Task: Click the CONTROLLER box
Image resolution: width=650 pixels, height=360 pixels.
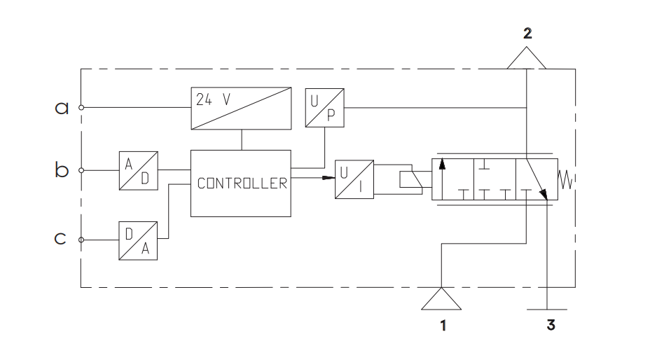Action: tap(241, 184)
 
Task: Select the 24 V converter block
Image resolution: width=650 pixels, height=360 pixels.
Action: tap(241, 109)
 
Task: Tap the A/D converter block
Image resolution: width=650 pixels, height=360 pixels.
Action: tap(139, 171)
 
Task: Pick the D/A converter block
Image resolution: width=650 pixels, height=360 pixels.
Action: tap(138, 241)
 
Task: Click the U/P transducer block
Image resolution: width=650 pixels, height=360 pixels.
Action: tap(324, 108)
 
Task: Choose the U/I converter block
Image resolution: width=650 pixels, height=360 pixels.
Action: tap(354, 179)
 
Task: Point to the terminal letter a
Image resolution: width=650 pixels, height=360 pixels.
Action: tap(62, 109)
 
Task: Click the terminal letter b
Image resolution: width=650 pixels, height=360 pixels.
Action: tap(62, 170)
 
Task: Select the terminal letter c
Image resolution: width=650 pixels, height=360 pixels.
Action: tap(60, 239)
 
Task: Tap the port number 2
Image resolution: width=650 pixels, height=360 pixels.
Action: tap(527, 33)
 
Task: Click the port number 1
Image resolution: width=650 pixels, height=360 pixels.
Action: tap(443, 326)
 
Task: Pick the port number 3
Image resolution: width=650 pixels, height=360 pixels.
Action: tap(551, 325)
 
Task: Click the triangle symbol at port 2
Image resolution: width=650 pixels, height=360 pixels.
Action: tap(527, 58)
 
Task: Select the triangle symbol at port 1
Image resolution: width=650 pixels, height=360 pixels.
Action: tap(441, 298)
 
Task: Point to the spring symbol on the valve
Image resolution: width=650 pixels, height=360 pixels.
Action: tap(566, 180)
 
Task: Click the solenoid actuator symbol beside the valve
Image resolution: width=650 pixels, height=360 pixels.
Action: tap(411, 179)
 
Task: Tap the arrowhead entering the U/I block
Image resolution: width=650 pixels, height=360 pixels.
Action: tap(329, 178)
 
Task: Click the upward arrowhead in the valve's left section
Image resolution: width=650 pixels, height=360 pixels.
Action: tap(442, 164)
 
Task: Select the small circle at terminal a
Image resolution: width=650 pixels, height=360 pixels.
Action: tap(81, 107)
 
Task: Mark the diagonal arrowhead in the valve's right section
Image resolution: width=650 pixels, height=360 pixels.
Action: tap(544, 195)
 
